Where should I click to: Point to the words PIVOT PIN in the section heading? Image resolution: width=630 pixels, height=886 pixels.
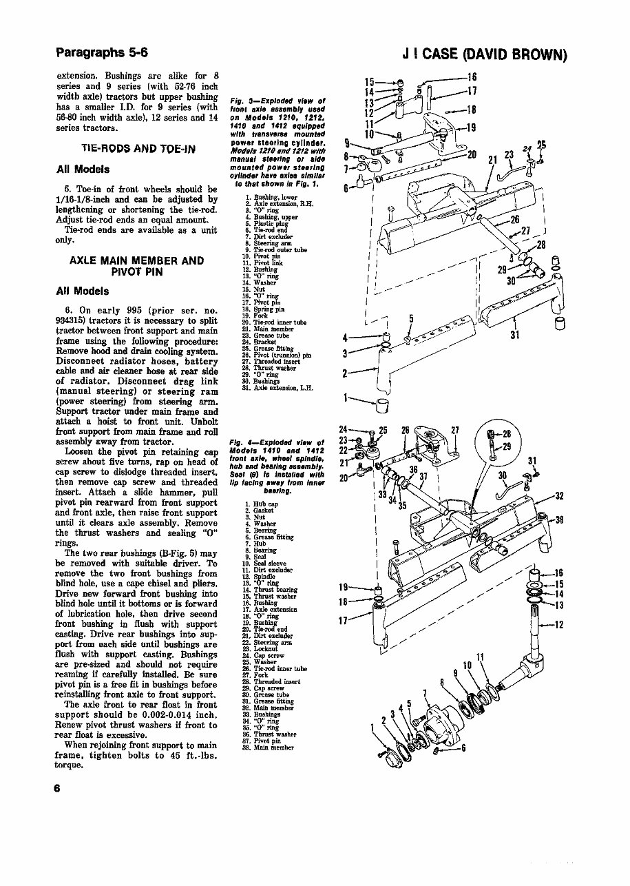(136, 271)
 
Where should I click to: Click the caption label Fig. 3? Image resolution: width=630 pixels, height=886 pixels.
(243, 101)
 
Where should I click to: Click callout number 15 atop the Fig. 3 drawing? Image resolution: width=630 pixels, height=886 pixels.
(369, 81)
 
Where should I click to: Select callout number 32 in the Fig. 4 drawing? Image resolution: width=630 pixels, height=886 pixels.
(560, 495)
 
